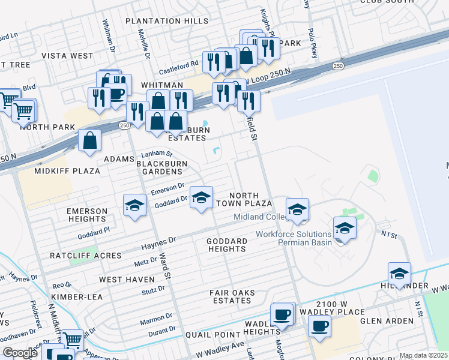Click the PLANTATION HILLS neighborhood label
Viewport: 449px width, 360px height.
(167, 21)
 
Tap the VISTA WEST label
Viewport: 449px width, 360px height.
(67, 56)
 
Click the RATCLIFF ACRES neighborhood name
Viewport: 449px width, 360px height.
(85, 256)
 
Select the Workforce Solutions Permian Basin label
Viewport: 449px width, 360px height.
(294, 239)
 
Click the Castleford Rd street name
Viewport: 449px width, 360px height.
(178, 64)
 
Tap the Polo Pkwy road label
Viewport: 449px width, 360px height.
(312, 44)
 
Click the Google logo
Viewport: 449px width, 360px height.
(20, 353)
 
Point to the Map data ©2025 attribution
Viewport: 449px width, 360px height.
(423, 355)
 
